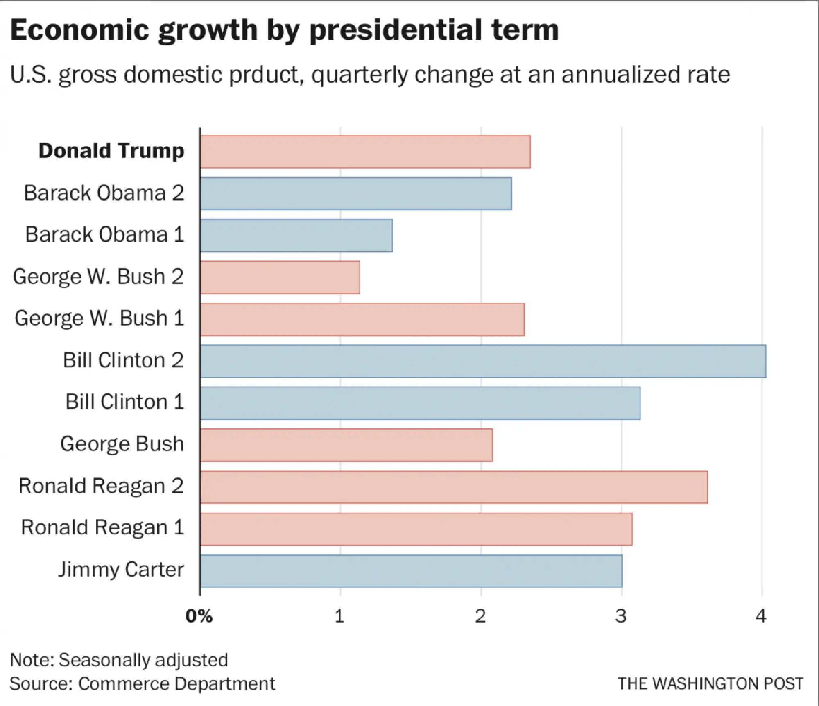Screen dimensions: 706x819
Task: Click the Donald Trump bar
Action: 365,152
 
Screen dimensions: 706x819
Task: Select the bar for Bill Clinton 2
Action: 483,361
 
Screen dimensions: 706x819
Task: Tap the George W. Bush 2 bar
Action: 280,278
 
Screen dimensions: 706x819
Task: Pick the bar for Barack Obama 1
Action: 296,235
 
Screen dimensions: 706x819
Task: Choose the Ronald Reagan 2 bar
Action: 454,487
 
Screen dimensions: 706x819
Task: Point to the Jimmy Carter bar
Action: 411,571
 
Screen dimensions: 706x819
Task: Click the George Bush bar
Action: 346,445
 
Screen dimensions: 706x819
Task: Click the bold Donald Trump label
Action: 111,151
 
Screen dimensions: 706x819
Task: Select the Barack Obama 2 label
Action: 104,193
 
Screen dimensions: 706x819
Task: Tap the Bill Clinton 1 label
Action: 125,402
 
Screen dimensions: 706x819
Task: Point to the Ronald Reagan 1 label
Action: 102,527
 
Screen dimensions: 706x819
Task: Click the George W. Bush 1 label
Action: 100,318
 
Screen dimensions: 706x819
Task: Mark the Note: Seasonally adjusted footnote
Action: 119,660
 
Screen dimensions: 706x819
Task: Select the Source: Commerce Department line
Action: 142,684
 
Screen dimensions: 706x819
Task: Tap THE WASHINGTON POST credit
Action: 710,684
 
